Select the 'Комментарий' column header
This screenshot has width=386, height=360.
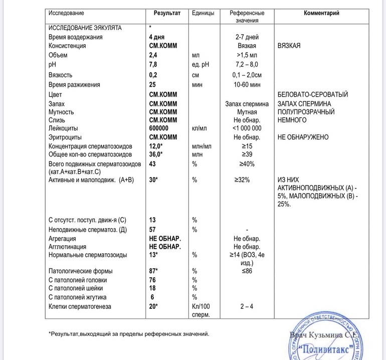(321, 13)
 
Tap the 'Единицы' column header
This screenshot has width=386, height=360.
(203, 13)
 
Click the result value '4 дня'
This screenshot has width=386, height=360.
(156, 37)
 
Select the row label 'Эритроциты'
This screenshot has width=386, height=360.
(65, 137)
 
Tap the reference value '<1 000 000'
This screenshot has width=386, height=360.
(247, 128)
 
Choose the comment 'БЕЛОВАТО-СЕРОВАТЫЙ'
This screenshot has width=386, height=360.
(312, 94)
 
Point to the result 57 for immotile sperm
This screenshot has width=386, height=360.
(153, 230)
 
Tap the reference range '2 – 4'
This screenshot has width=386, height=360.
(247, 306)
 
